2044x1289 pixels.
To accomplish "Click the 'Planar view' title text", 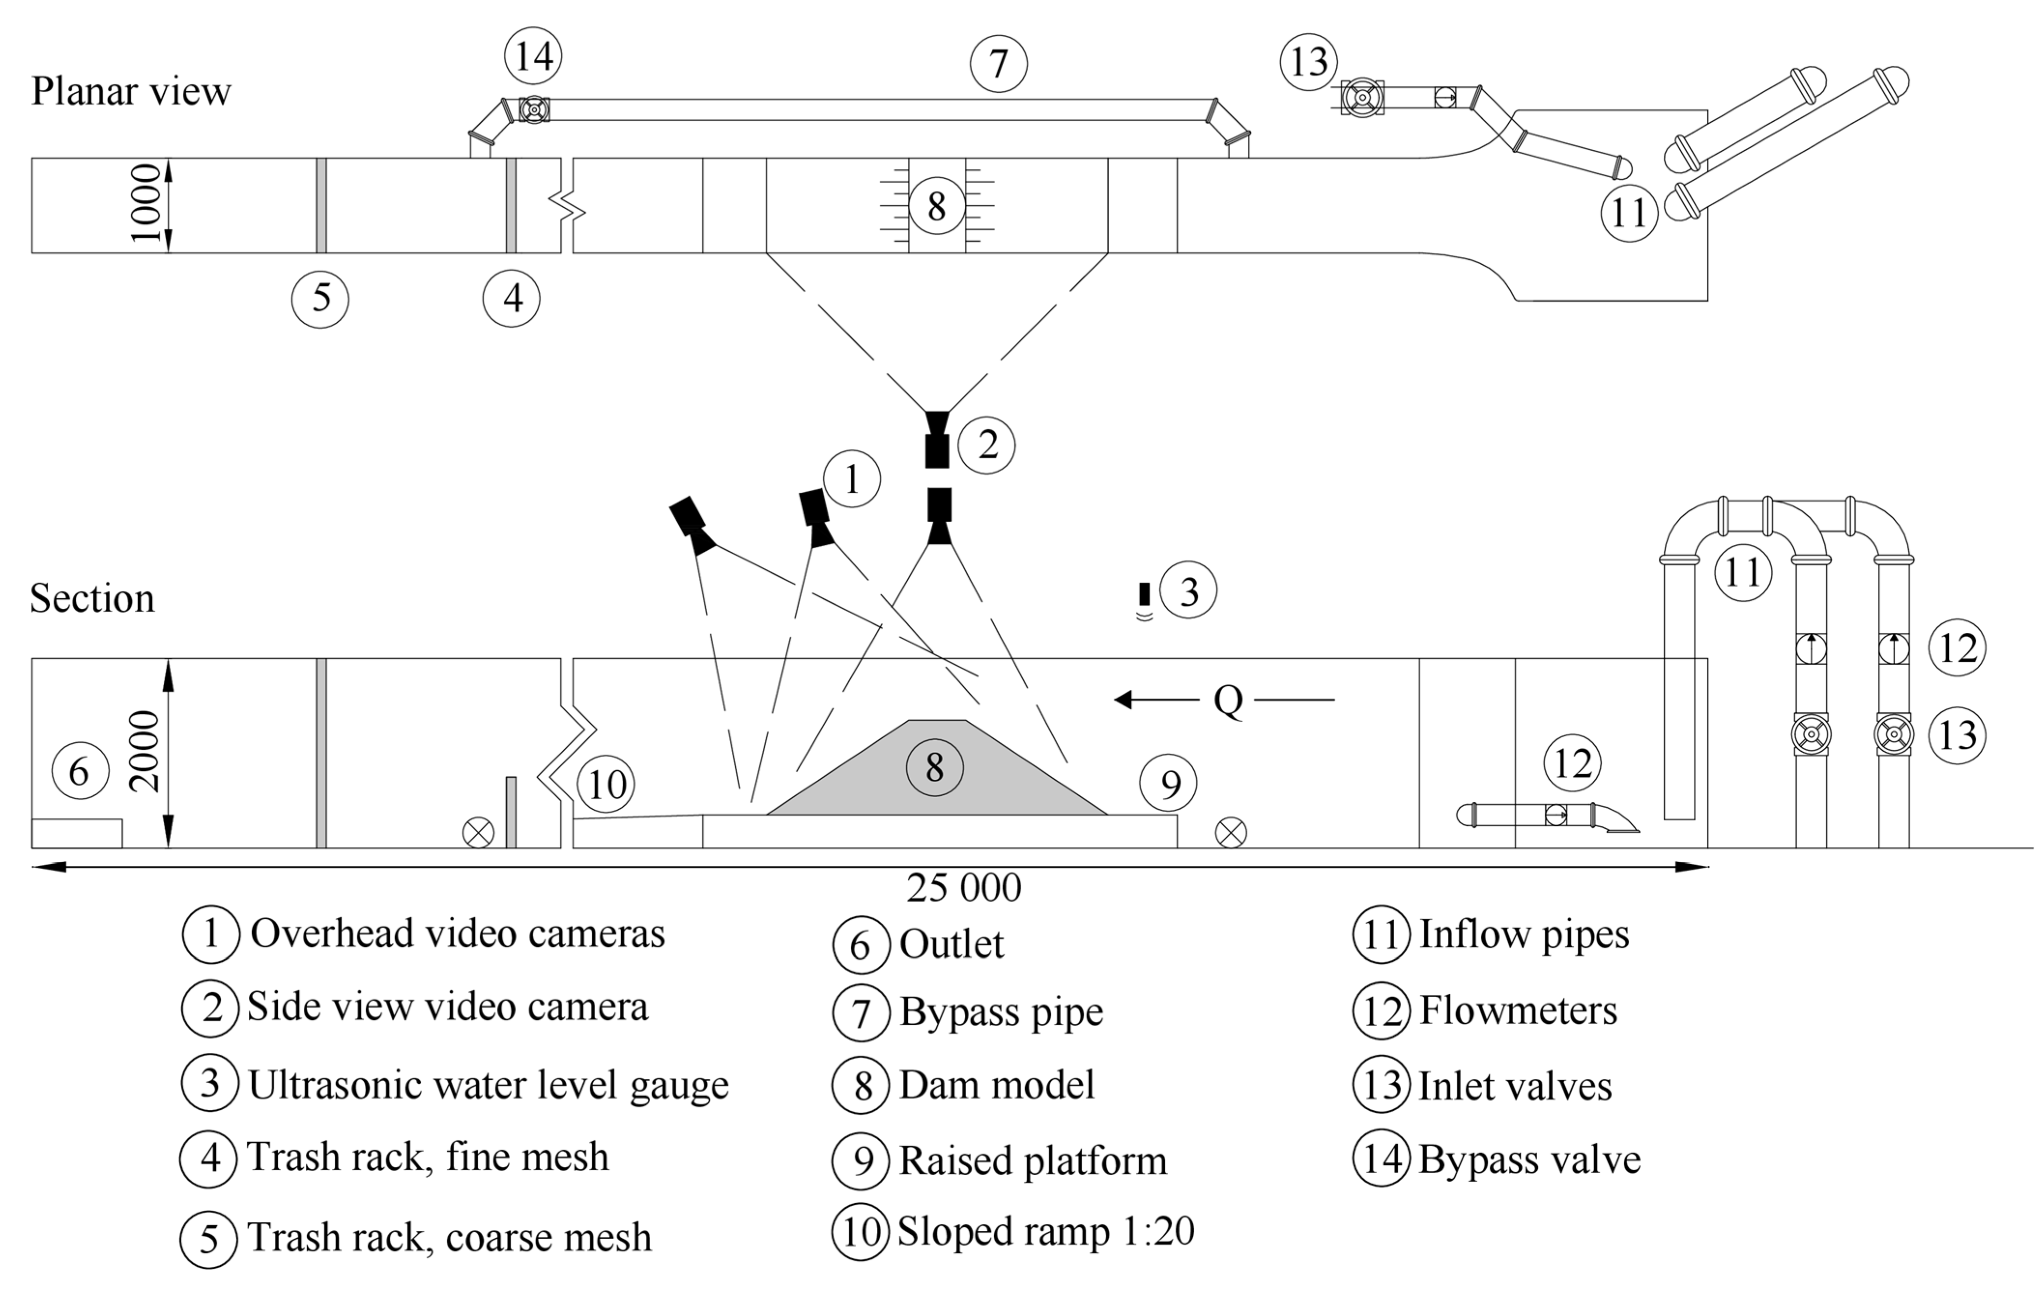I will click(131, 91).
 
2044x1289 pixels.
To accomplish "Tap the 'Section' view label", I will click(93, 599).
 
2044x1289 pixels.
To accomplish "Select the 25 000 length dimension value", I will click(963, 888).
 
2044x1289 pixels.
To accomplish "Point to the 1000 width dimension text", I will click(145, 204).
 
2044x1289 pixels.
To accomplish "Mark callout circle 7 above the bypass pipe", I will click(998, 64).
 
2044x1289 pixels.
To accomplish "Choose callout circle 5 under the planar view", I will click(320, 299).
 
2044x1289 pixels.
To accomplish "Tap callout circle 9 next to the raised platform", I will click(1169, 784).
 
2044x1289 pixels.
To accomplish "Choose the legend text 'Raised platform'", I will click(1033, 1160).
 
